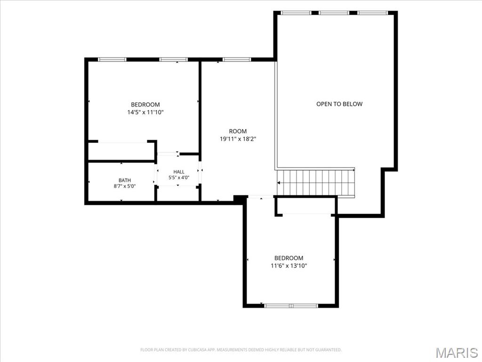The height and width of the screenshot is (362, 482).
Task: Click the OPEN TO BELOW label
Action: pyautogui.click(x=339, y=104)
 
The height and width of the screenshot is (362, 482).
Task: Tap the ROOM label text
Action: pyautogui.click(x=238, y=131)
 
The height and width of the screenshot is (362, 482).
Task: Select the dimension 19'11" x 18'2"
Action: pyautogui.click(x=238, y=139)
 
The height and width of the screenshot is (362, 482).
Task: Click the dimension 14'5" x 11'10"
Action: pyautogui.click(x=145, y=112)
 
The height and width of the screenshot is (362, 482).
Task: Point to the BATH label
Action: pyautogui.click(x=124, y=181)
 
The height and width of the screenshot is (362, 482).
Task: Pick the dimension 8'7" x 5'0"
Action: pyautogui.click(x=124, y=186)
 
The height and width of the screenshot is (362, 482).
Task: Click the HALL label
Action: pyautogui.click(x=178, y=172)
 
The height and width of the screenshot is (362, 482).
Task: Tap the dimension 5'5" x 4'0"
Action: pyautogui.click(x=178, y=178)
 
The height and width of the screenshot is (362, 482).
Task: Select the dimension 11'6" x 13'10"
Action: pyautogui.click(x=289, y=266)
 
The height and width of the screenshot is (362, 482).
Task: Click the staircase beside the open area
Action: pyautogui.click(x=316, y=182)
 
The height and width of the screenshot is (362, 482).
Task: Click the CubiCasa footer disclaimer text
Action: pyautogui.click(x=241, y=350)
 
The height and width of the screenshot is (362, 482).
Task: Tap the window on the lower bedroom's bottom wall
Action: pyautogui.click(x=291, y=305)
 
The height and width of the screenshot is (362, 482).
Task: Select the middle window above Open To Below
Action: pyautogui.click(x=334, y=13)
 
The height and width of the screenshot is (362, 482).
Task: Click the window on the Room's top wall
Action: pyautogui.click(x=237, y=59)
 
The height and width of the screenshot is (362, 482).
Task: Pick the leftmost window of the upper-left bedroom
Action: pyautogui.click(x=112, y=59)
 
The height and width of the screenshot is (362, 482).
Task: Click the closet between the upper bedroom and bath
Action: pyautogui.click(x=121, y=151)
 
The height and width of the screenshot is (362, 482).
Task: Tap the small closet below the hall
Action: pyautogui.click(x=178, y=193)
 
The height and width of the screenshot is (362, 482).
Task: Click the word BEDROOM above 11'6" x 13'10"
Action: pyautogui.click(x=289, y=258)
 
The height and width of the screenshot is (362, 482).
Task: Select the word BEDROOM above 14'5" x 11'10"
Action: pyautogui.click(x=145, y=105)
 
